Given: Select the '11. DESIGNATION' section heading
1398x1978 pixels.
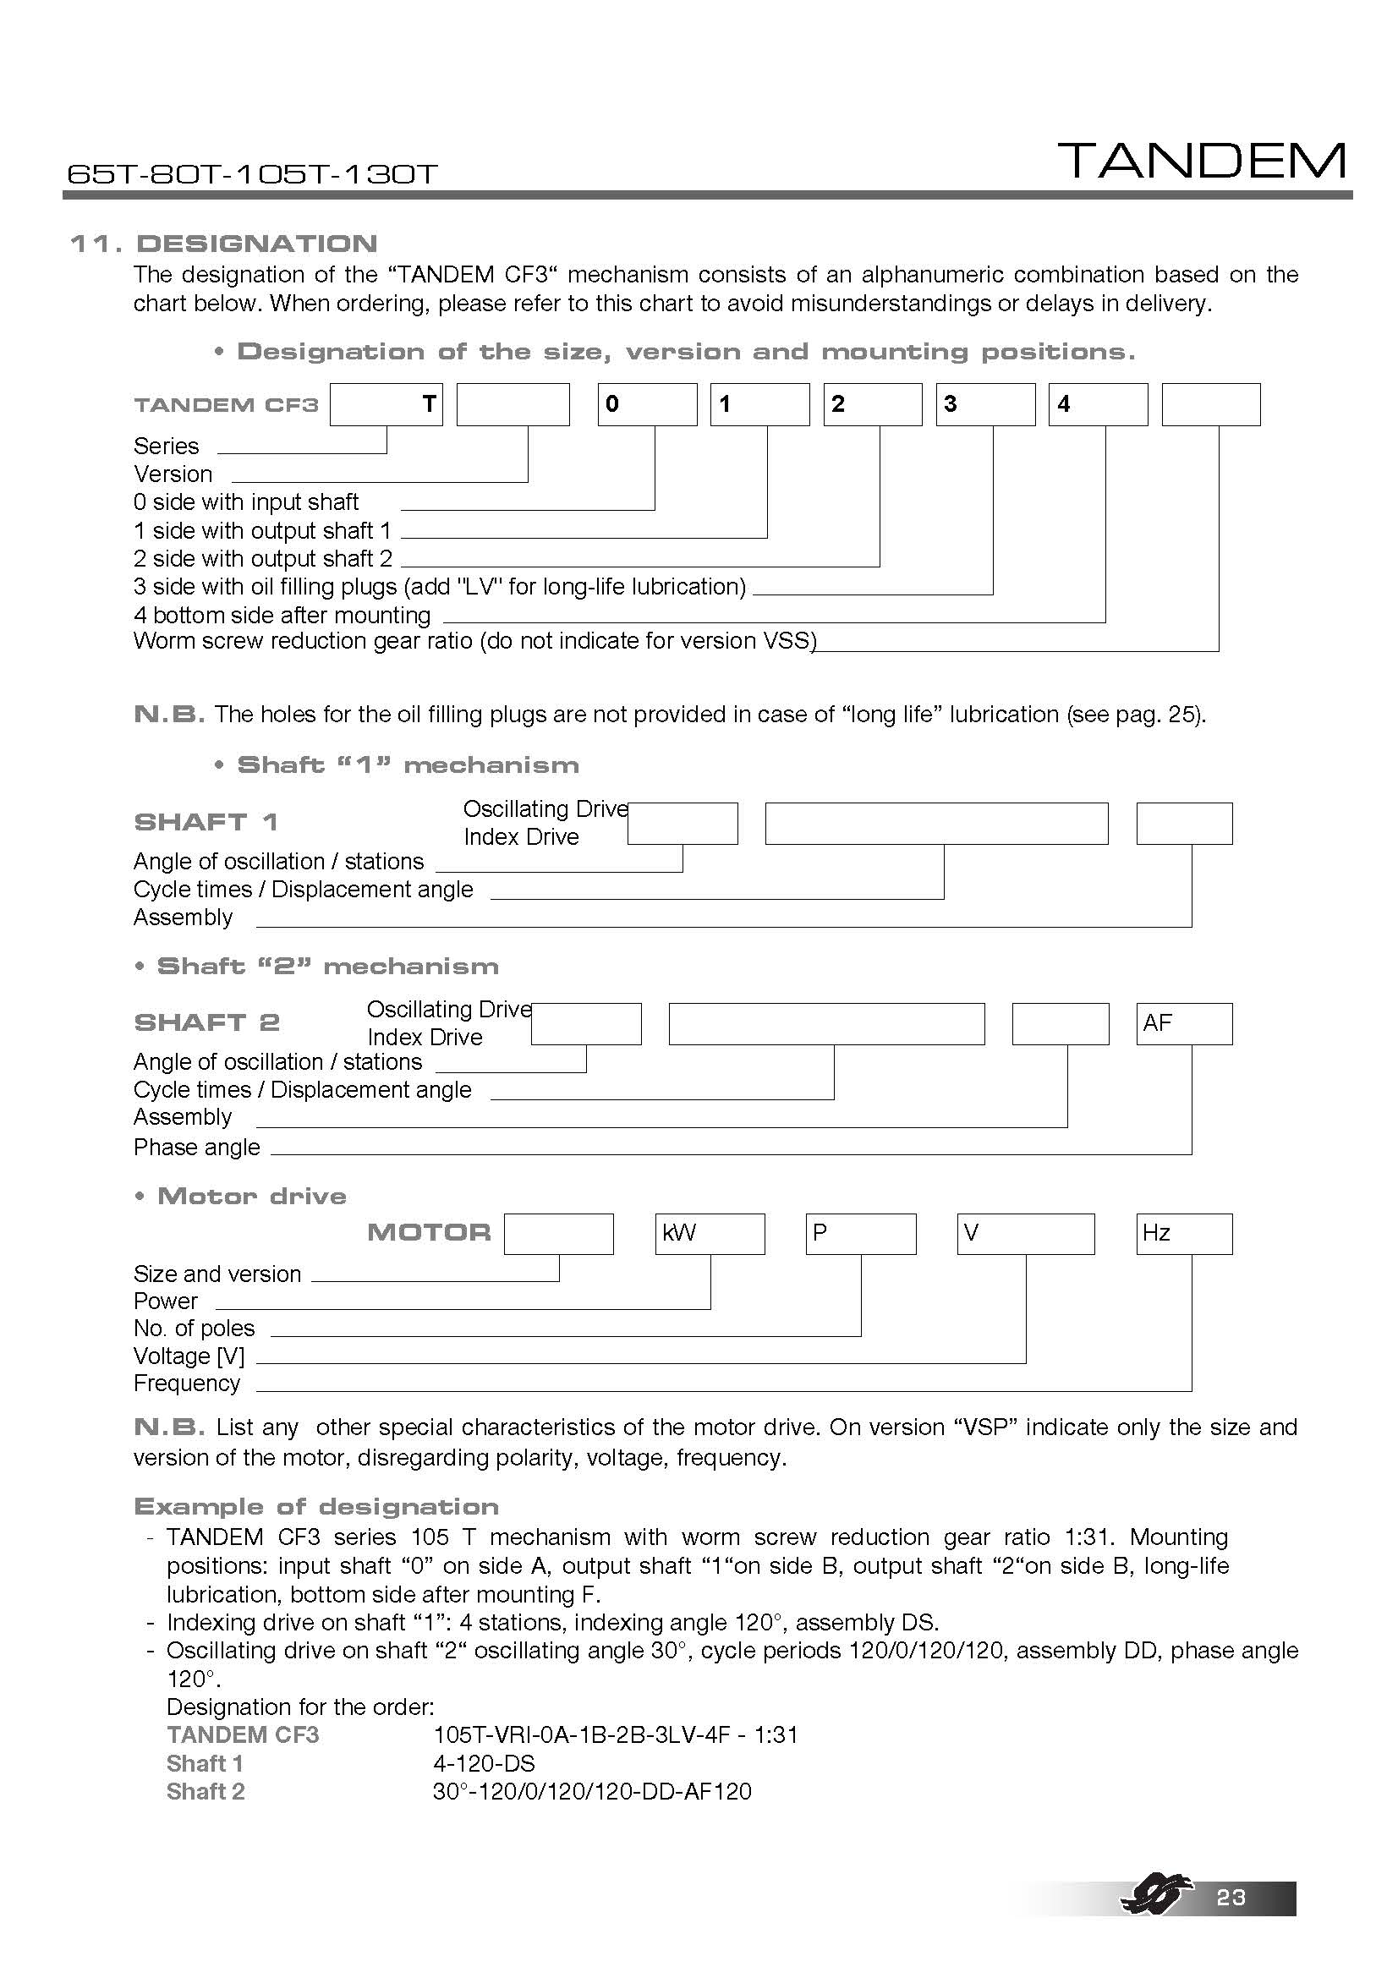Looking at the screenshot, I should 223,244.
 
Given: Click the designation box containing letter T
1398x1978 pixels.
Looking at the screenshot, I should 386,405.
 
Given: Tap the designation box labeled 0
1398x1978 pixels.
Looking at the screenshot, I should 647,405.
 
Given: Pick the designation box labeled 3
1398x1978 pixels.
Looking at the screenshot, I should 985,405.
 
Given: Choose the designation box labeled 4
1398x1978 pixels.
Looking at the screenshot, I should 1098,405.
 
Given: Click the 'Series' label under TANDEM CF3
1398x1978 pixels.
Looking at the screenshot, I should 167,447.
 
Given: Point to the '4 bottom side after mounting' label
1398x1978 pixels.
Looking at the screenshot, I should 282,615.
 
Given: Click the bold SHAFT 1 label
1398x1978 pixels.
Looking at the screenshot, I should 206,822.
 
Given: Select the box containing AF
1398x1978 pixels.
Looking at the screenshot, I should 1183,1023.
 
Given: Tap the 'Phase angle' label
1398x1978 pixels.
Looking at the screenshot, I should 196,1148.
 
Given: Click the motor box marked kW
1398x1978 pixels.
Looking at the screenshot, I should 710,1234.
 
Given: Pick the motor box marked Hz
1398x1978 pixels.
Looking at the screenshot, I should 1183,1234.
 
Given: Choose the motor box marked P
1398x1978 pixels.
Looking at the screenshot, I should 860,1234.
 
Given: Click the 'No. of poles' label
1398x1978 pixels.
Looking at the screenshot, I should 194,1329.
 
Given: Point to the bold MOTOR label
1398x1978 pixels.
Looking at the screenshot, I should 429,1233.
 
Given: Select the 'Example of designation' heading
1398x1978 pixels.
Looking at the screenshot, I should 316,1507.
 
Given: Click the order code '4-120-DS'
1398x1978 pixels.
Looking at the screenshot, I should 484,1763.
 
